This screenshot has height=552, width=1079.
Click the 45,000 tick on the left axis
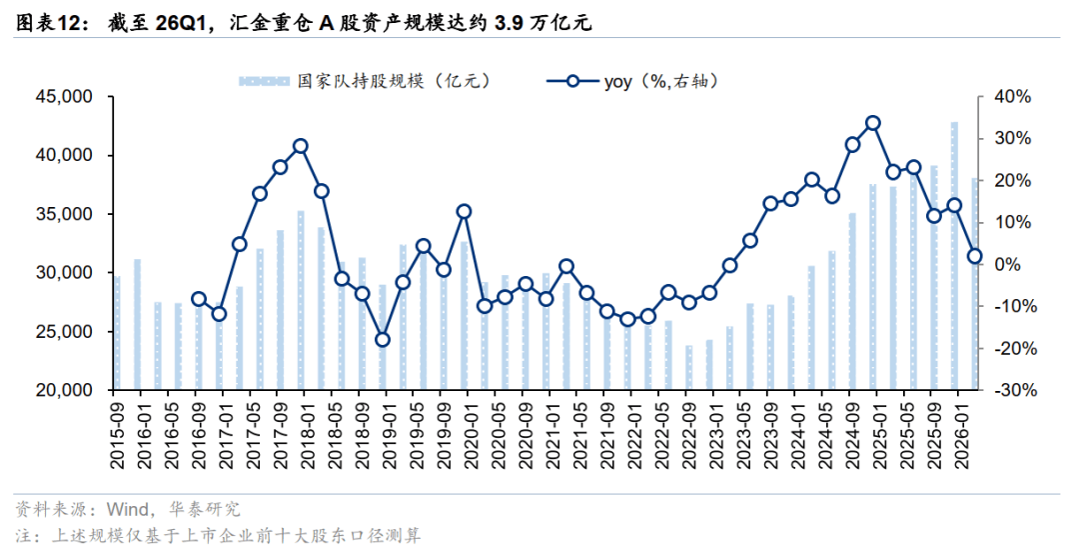pos(63,97)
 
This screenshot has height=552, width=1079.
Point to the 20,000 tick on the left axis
pos(63,390)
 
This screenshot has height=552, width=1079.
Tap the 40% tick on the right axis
pos(1013,97)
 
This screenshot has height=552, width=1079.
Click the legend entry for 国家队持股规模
pos(364,81)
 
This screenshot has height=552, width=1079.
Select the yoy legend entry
pos(633,81)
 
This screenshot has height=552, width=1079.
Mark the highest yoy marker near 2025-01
pos(872,123)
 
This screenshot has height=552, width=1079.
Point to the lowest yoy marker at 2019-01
pos(383,340)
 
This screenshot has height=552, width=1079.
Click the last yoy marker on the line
pos(974,256)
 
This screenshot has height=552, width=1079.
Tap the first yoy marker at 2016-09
pos(199,299)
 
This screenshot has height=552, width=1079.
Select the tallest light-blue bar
pos(954,256)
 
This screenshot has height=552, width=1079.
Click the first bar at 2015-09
pos(117,333)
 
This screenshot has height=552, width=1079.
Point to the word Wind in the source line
pos(127,509)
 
